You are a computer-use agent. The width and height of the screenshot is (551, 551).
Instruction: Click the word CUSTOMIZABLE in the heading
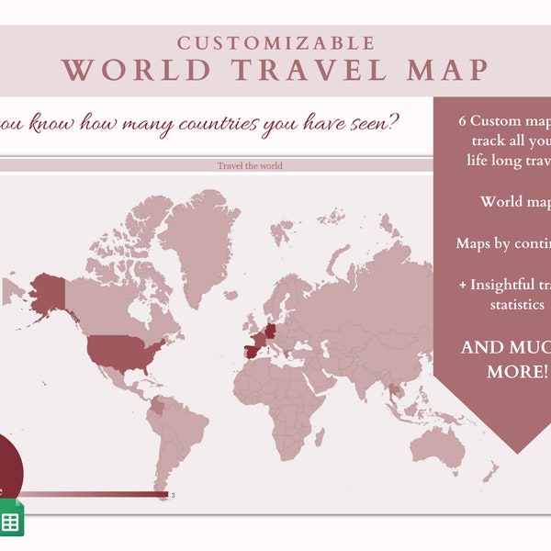coord(276,43)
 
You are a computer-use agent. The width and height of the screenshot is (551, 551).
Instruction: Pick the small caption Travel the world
coord(250,165)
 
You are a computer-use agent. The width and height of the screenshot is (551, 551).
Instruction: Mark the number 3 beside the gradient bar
coord(173,496)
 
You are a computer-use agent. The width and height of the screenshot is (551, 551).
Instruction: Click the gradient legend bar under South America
coord(92,495)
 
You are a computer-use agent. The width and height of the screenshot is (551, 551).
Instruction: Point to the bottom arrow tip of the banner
coord(519,451)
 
